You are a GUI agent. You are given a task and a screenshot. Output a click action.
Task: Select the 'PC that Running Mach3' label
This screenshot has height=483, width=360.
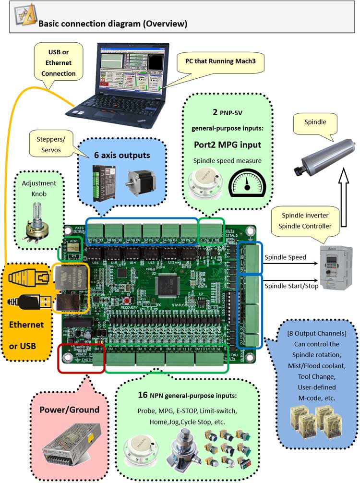tap(216, 61)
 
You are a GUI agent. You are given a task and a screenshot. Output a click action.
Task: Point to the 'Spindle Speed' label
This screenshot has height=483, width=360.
tap(285, 257)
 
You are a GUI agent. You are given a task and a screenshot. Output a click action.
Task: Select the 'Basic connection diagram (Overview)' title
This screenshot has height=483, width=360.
tap(112, 23)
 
